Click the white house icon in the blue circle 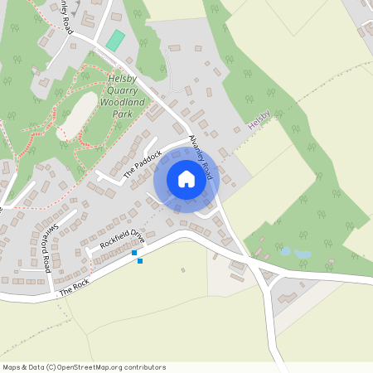tap(186, 179)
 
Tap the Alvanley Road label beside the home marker tap(201, 157)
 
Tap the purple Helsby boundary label tap(259, 123)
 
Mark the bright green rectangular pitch tap(114, 40)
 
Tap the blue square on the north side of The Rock tap(134, 253)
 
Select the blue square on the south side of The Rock tap(140, 261)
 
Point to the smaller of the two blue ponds tap(286, 249)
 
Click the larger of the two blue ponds tap(303, 254)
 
